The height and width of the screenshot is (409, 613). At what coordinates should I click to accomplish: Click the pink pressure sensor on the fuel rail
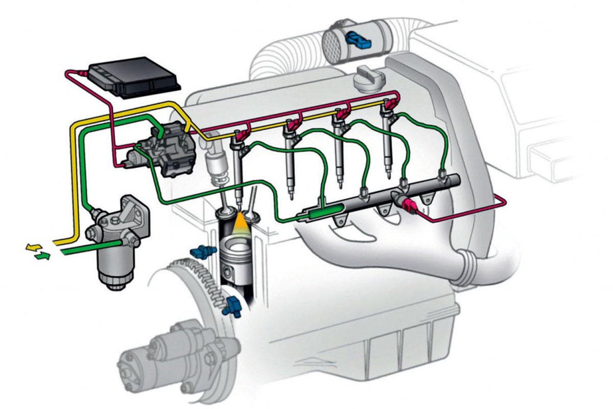409,206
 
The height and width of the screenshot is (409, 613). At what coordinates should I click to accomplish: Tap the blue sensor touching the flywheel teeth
233,305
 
